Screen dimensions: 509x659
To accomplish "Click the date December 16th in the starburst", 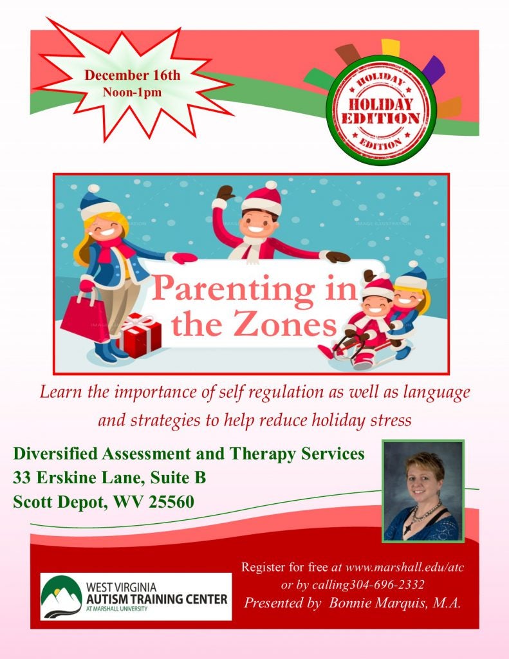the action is [x=133, y=75].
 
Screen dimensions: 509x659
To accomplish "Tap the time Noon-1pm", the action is [x=132, y=92].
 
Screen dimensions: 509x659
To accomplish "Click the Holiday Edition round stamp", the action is [x=381, y=110].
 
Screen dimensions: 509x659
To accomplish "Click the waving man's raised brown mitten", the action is [x=226, y=193].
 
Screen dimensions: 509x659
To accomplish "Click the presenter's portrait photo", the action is [x=423, y=491].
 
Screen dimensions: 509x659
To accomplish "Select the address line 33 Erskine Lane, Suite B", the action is [x=109, y=478].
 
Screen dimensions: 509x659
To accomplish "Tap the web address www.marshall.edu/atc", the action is [x=405, y=568].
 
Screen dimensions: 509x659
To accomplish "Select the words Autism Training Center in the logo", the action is [x=156, y=599].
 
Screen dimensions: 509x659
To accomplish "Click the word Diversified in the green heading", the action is [x=55, y=454].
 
